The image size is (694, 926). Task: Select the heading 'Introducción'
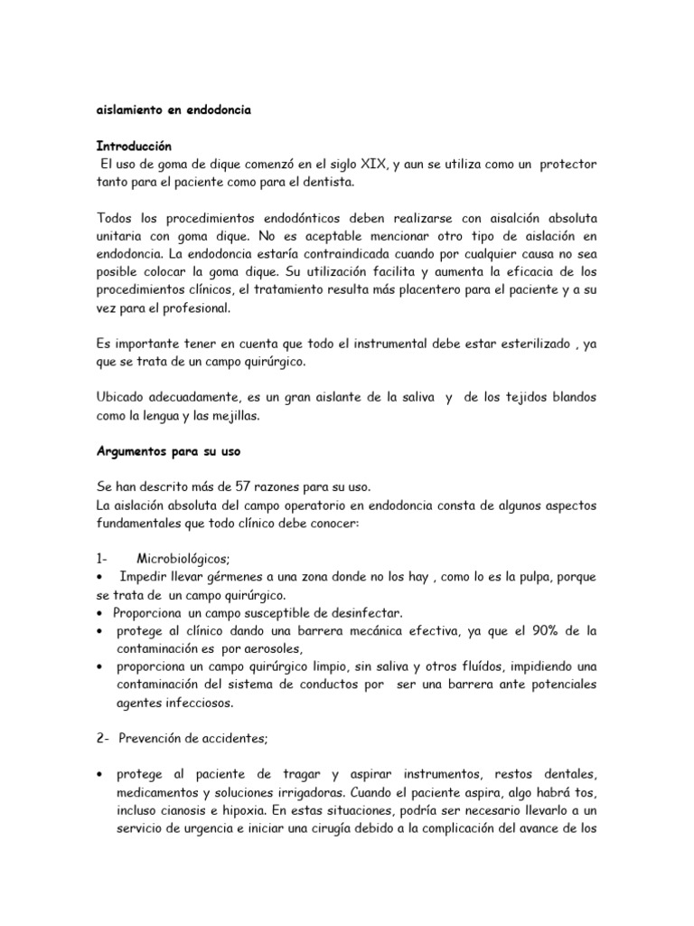[134, 145]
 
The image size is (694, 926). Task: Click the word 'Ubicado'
[123, 398]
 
